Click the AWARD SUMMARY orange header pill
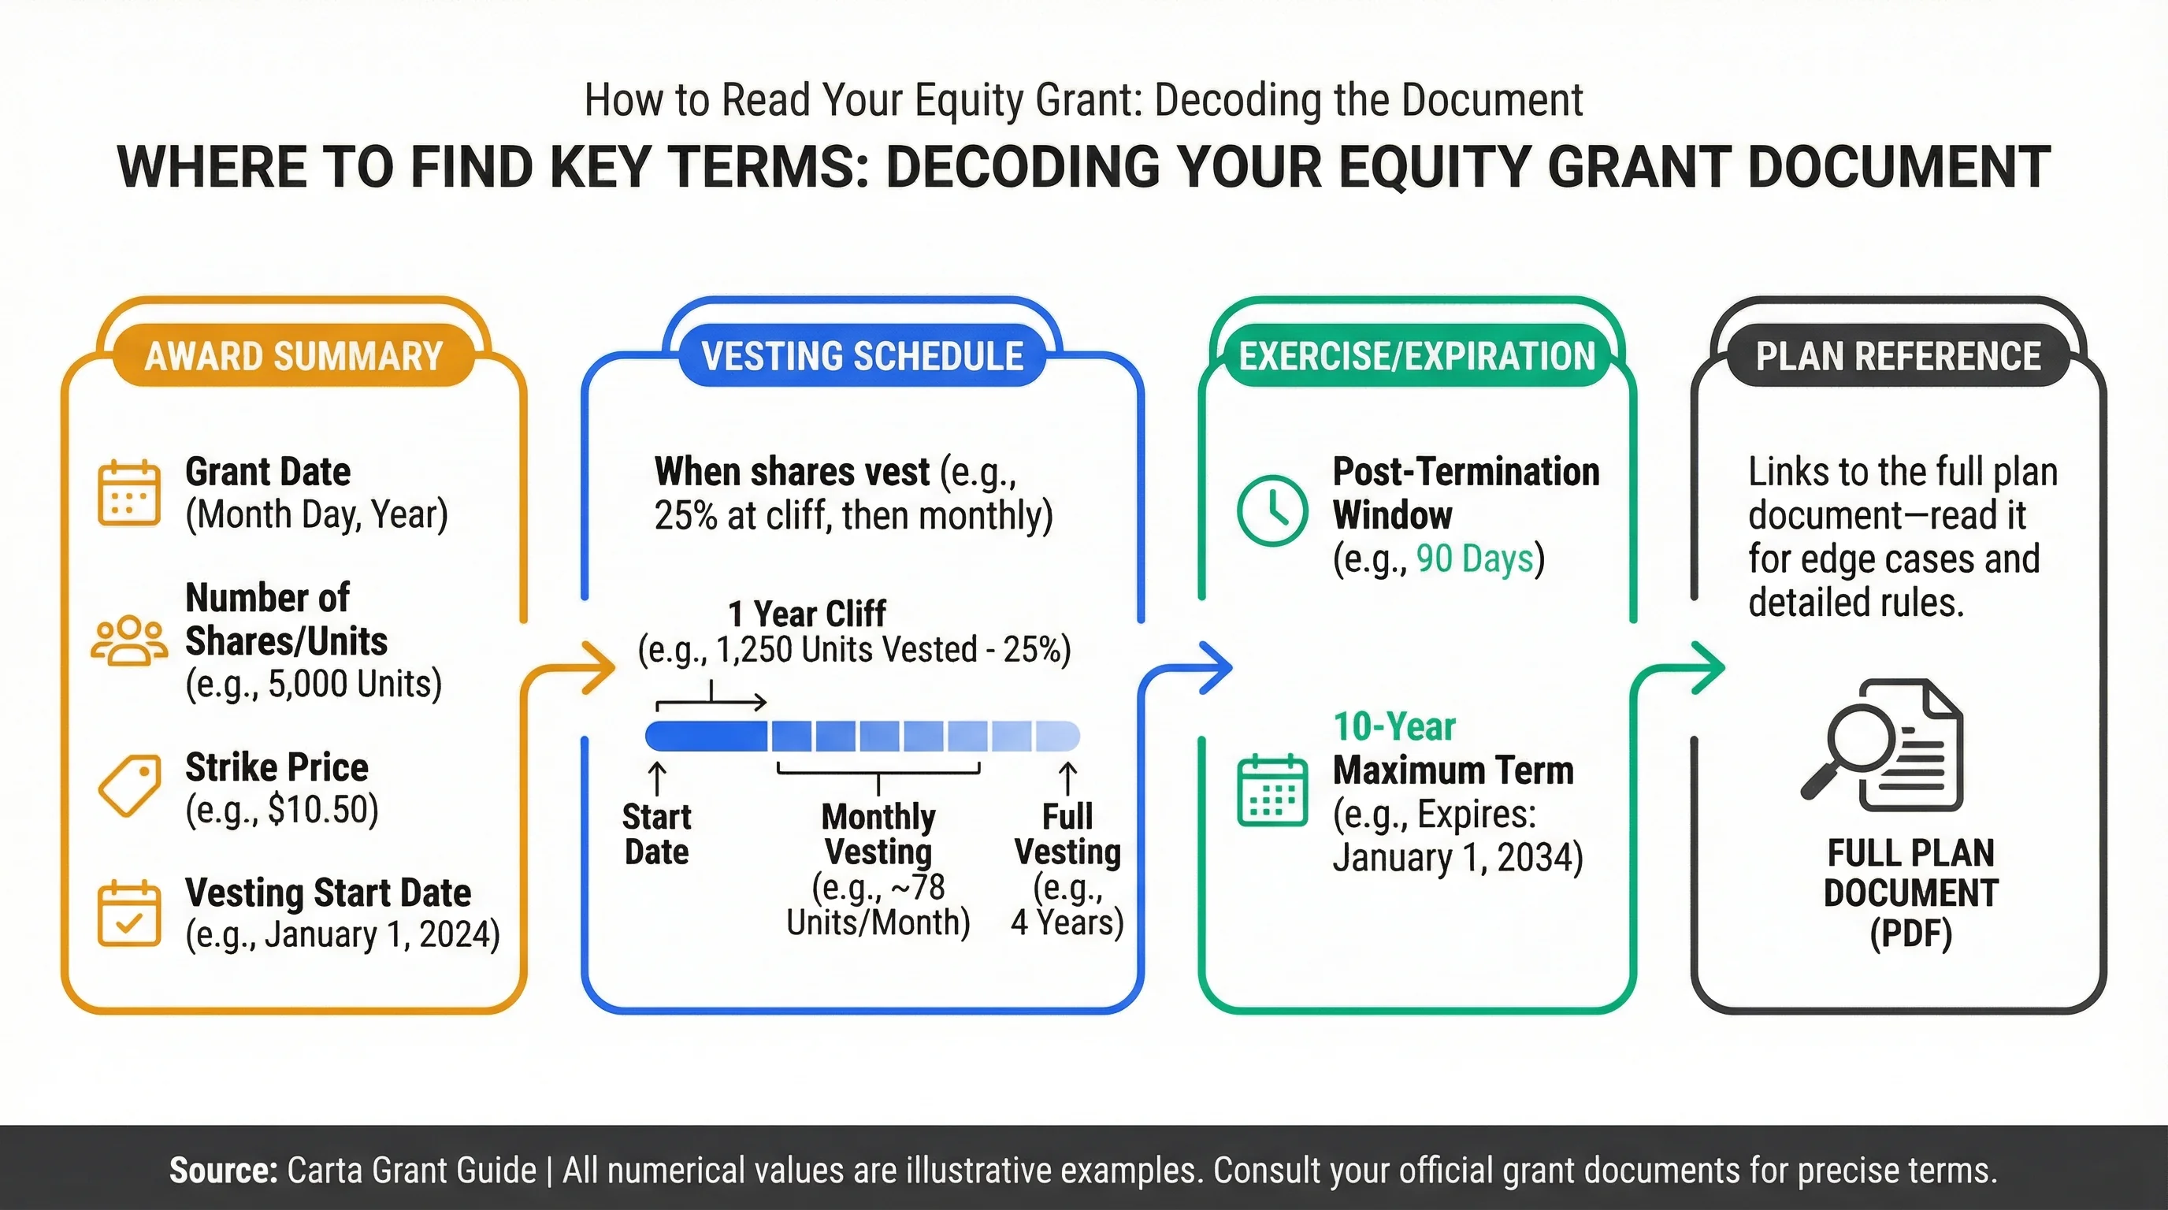click(x=294, y=356)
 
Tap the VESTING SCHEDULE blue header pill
click(x=862, y=356)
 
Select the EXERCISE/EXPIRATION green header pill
click(x=1416, y=356)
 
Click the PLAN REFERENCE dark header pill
click(x=1898, y=356)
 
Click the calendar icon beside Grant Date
click(x=128, y=493)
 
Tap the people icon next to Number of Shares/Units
click(x=128, y=641)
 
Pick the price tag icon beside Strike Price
click(x=128, y=785)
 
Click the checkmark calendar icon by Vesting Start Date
click(x=128, y=914)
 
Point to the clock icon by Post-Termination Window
click(x=1271, y=510)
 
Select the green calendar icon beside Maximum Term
click(x=1271, y=792)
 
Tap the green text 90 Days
click(x=1475, y=559)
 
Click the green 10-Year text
click(x=1394, y=727)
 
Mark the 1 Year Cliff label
click(x=806, y=614)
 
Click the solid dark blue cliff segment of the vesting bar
click(x=706, y=737)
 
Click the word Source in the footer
click(x=223, y=1171)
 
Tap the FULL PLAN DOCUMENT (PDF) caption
click(x=1910, y=893)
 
